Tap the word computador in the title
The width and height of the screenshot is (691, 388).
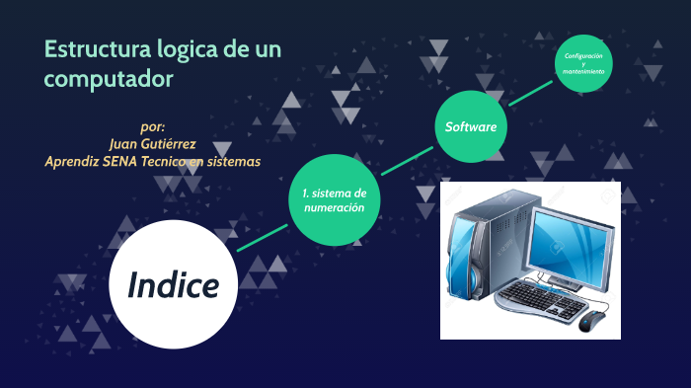pos(110,78)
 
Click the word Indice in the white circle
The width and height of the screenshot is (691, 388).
pos(173,285)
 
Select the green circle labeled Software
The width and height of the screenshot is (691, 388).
pos(470,127)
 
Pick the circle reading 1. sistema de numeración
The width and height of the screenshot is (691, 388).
pos(335,200)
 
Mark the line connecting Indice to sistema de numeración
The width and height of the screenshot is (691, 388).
pos(263,238)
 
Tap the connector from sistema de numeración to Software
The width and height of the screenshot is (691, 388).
pos(407,162)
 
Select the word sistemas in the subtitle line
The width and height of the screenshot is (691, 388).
pos(233,161)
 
